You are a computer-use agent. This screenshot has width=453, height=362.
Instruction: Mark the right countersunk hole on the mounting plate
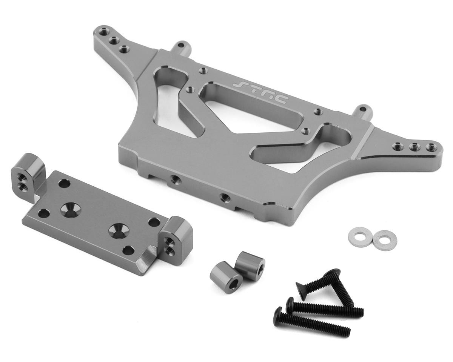[x=117, y=230]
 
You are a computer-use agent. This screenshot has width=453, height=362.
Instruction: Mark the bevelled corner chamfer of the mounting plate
[x=145, y=261]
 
